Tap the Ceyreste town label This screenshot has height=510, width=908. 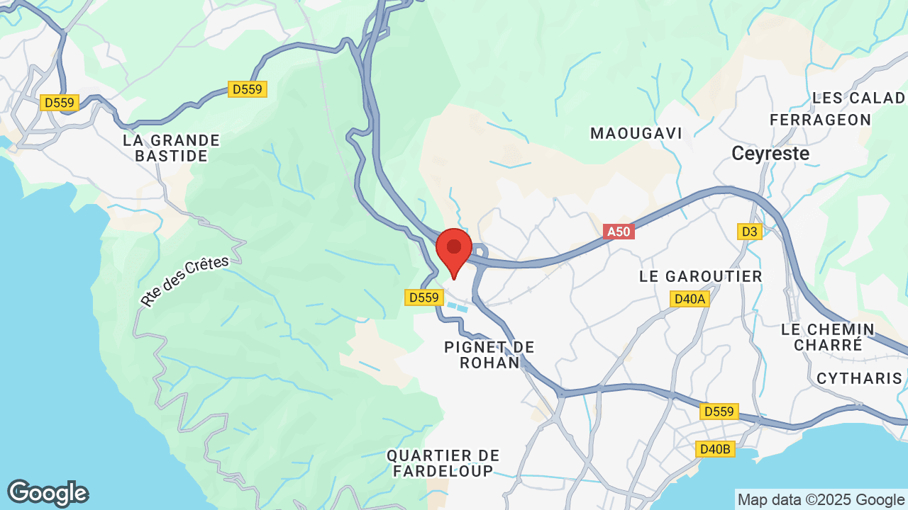click(x=770, y=153)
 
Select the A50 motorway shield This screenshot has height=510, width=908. click(x=619, y=232)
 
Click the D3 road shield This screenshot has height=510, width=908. click(x=749, y=232)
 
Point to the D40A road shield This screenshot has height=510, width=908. click(x=690, y=299)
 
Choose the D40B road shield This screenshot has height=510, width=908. click(x=714, y=449)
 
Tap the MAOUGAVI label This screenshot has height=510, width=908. click(x=636, y=133)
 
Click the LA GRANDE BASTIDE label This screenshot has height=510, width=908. click(x=172, y=148)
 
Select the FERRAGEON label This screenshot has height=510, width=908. click(x=821, y=120)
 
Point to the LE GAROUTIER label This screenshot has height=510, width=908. click(x=701, y=276)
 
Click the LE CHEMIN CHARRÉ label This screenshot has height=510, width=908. click(x=828, y=337)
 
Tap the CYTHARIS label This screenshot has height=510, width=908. click(x=859, y=378)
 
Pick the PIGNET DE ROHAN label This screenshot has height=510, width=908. click(x=489, y=355)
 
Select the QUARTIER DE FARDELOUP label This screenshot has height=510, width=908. click(x=443, y=463)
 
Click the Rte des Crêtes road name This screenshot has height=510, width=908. click(x=184, y=281)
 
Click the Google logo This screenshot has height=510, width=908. click(x=48, y=493)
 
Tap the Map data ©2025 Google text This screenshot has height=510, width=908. click(x=820, y=500)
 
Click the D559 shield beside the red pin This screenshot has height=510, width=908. click(x=424, y=297)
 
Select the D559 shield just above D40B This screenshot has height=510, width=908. click(x=719, y=412)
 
